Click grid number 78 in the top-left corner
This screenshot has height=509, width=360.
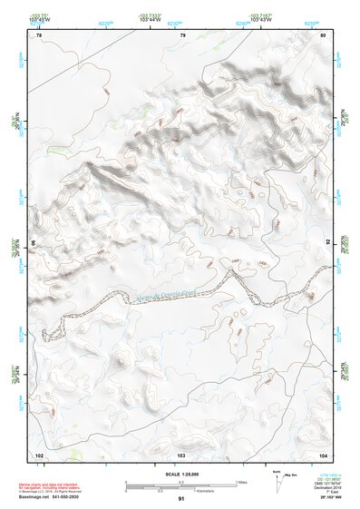tap(39, 35)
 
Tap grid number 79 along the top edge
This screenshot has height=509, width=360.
tap(183, 35)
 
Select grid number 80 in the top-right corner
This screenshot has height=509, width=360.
tap(324, 35)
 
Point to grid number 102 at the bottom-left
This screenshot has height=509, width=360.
tap(39, 454)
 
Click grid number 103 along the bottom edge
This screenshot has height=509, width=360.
tap(180, 454)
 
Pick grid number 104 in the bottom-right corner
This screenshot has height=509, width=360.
tap(323, 454)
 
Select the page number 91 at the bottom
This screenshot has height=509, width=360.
tap(180, 500)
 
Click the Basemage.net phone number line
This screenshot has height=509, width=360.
tap(51, 500)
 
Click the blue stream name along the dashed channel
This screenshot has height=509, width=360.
tap(163, 296)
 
